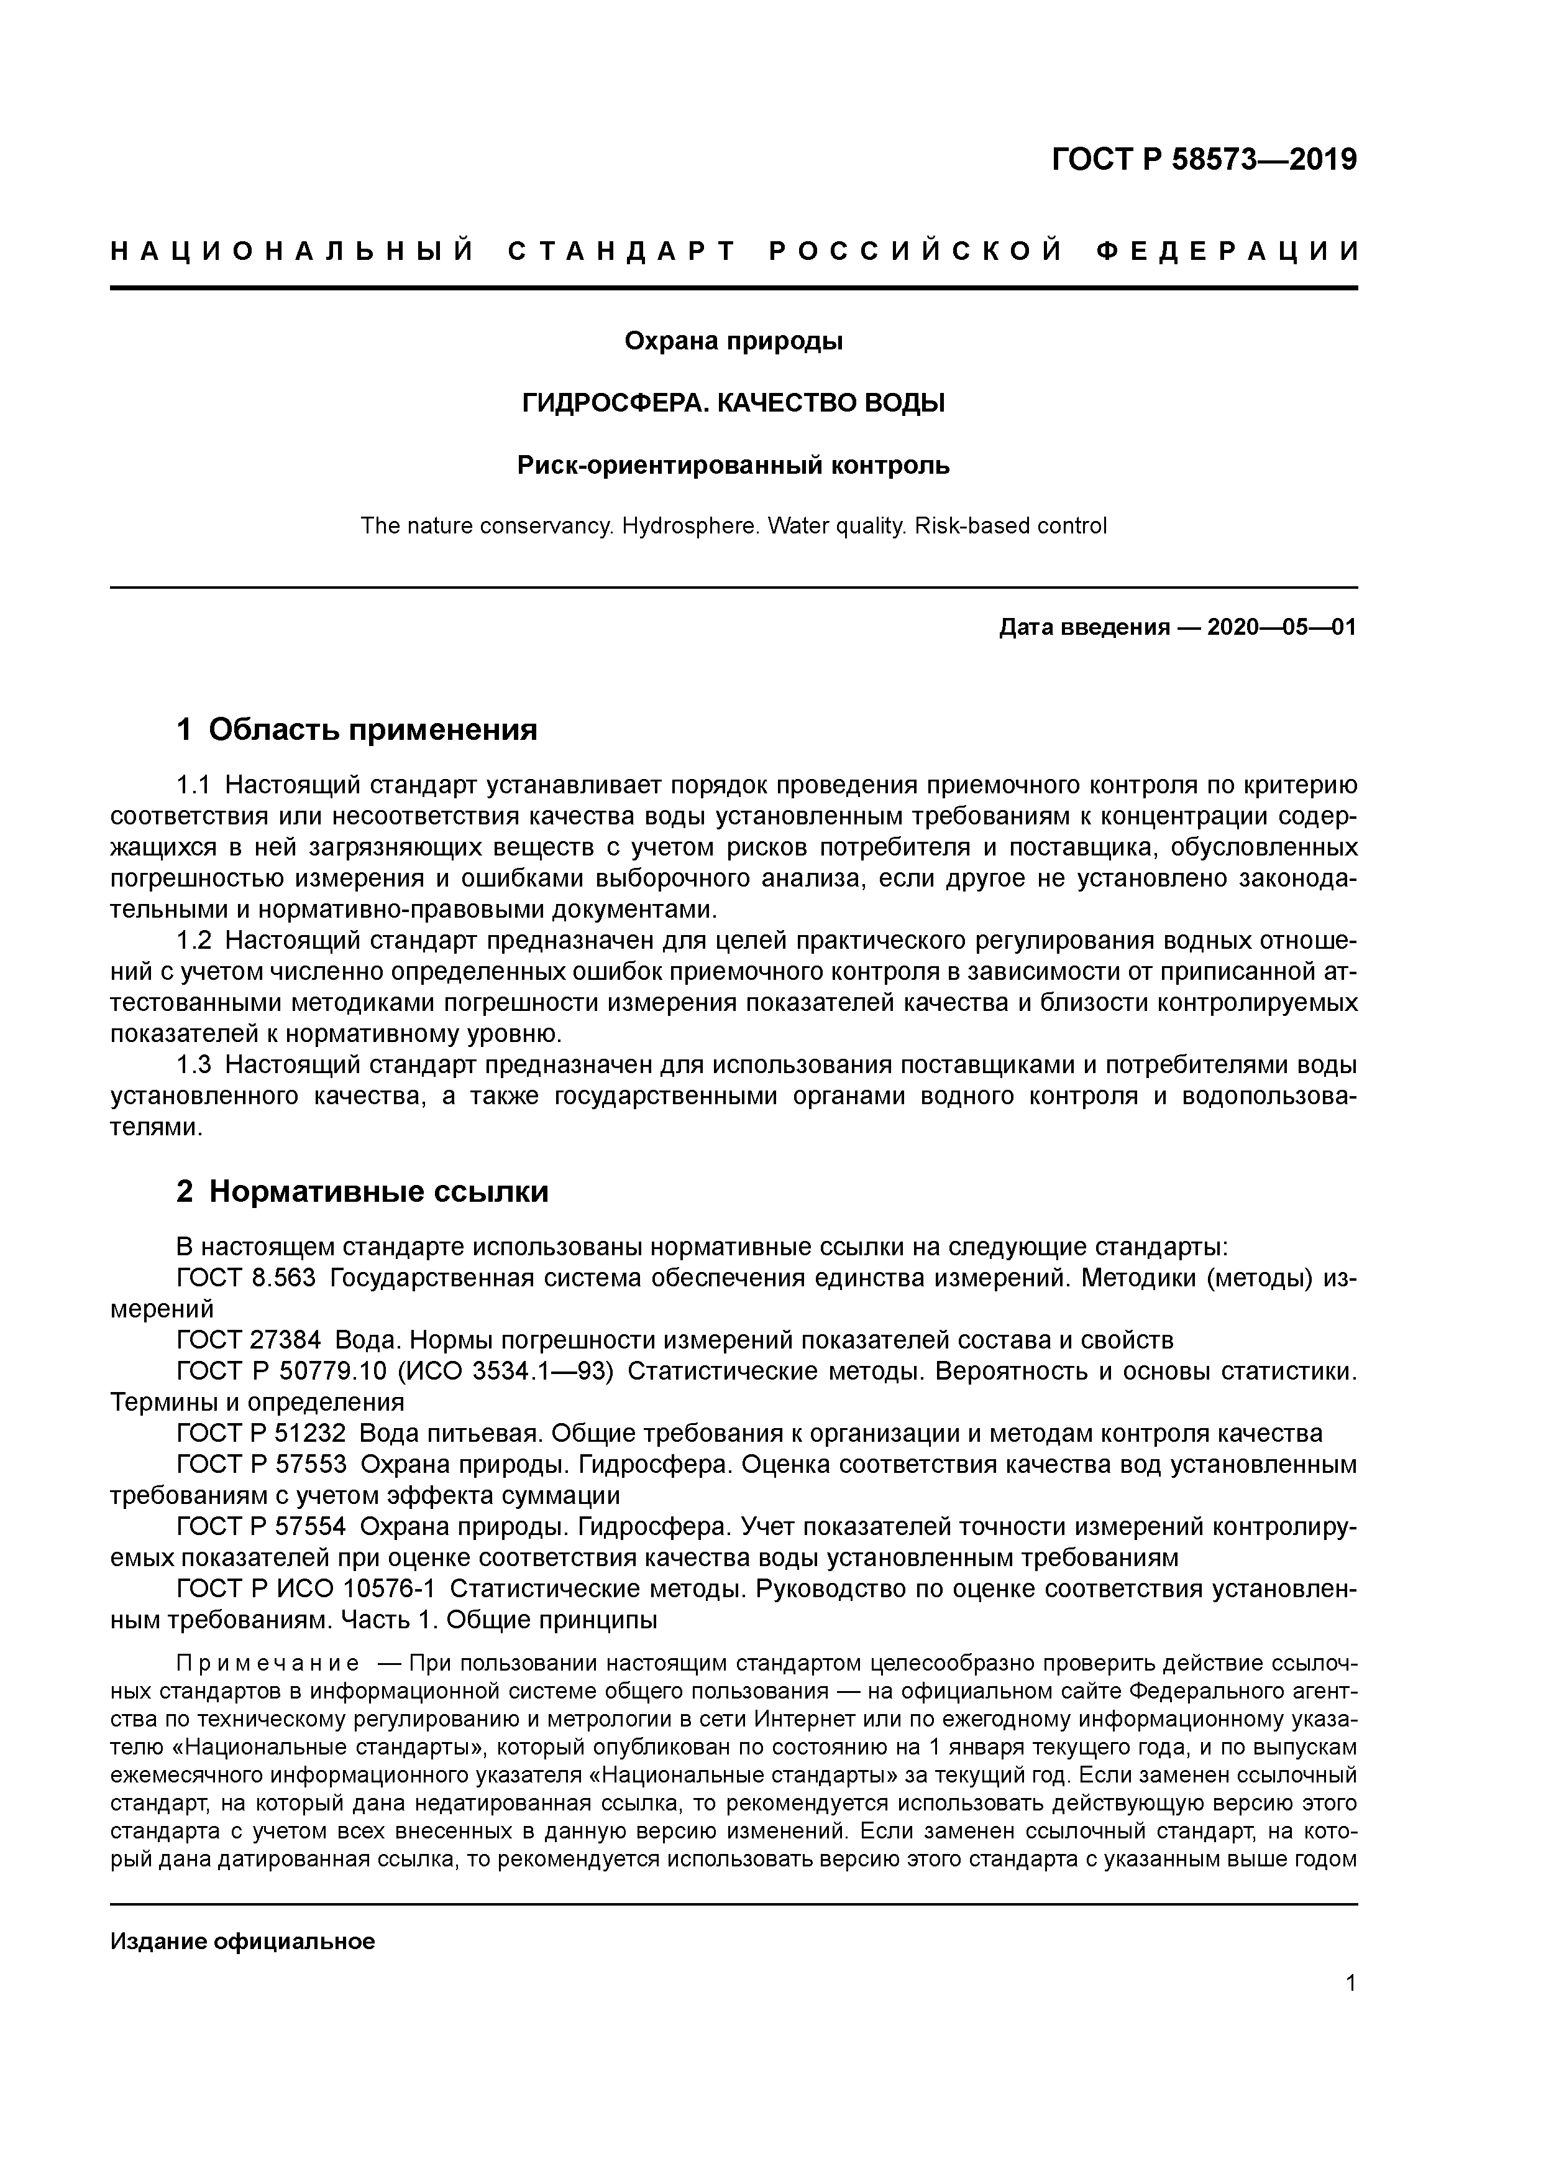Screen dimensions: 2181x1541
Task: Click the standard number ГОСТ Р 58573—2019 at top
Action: pos(1204,160)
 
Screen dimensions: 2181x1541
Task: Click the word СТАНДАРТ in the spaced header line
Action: pos(622,252)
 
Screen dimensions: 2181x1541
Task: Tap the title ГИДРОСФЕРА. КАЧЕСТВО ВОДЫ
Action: pos(733,403)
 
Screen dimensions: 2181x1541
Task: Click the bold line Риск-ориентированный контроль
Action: pos(733,466)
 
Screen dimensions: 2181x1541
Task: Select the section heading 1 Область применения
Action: pos(357,729)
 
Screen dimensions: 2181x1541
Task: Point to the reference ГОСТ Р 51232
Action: pos(261,1434)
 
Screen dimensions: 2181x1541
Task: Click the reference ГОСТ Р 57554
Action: pos(261,1526)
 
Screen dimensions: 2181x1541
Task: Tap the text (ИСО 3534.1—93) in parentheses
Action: pos(504,1372)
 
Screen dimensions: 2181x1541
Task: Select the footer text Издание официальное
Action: pos(243,1942)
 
